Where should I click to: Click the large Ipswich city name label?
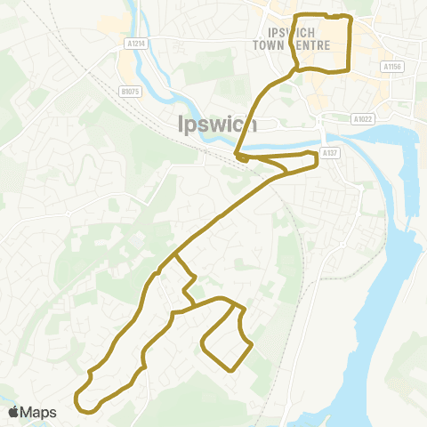tap(217, 124)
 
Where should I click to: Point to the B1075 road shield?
tap(130, 91)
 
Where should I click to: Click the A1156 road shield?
tap(392, 66)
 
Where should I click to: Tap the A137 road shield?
tap(331, 153)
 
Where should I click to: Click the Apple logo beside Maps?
tap(13, 412)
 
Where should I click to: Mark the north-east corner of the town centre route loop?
tap(350, 18)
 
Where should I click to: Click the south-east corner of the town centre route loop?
tap(349, 68)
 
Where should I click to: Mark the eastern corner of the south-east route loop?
tap(252, 343)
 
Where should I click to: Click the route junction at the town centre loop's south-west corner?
tap(296, 68)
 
